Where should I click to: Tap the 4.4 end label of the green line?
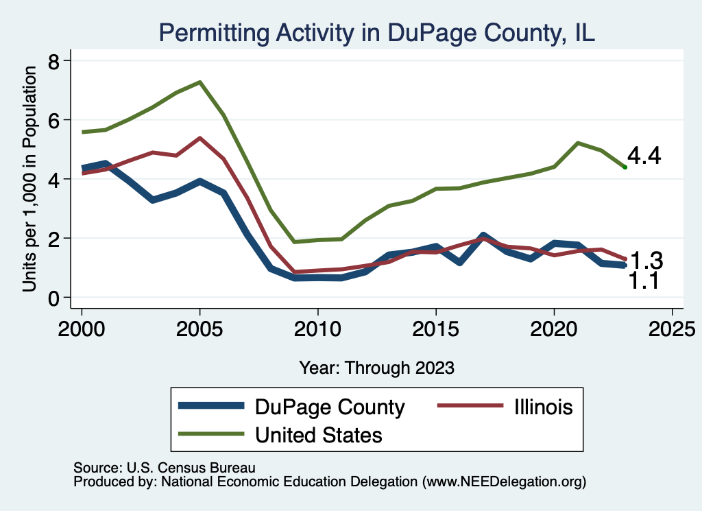[x=644, y=156]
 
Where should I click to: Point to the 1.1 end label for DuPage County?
[x=644, y=280]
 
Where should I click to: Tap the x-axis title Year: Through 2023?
[x=376, y=368]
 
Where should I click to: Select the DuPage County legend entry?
[x=330, y=407]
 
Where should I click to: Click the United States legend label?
[x=319, y=435]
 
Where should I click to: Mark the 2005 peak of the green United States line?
[x=199, y=82]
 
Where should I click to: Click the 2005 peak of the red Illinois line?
[x=199, y=138]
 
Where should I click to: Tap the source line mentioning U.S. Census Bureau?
[x=165, y=468]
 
